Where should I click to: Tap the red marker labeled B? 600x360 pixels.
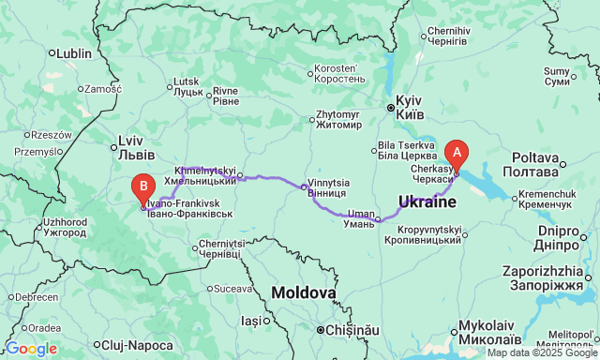pyautogui.click(x=142, y=188)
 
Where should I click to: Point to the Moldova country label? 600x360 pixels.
pyautogui.click(x=304, y=293)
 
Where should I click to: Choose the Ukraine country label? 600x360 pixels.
pyautogui.click(x=427, y=202)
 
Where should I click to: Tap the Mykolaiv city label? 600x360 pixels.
pyautogui.click(x=485, y=333)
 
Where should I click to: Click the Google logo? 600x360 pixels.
pyautogui.click(x=31, y=349)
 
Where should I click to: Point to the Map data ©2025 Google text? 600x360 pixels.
pyautogui.click(x=541, y=352)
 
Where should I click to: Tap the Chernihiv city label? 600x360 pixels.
pyautogui.click(x=447, y=36)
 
